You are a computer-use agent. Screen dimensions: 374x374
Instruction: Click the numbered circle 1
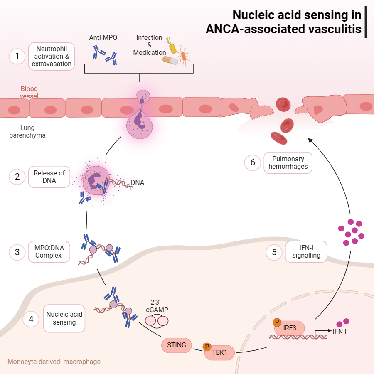click(x=17, y=56)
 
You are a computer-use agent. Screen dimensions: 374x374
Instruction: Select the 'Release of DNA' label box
click(x=49, y=177)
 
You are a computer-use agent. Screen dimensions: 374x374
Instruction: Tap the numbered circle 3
click(x=17, y=252)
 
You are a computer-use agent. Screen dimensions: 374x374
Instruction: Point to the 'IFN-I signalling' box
click(x=306, y=252)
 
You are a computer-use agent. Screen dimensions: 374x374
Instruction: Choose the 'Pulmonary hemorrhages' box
click(x=288, y=162)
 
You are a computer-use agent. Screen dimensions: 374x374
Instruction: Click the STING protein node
click(x=176, y=344)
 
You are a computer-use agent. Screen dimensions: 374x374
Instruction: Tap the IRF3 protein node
click(x=290, y=328)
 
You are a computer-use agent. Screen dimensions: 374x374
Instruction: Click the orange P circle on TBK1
click(x=207, y=347)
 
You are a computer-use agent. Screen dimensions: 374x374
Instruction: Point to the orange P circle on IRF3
click(x=276, y=322)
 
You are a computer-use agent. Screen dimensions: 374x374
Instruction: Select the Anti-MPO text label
click(x=103, y=38)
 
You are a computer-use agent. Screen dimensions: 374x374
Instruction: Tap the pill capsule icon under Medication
click(x=170, y=61)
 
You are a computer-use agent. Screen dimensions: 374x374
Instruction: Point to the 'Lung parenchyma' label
click(x=27, y=132)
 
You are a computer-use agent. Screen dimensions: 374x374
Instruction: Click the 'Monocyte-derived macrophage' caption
click(x=54, y=362)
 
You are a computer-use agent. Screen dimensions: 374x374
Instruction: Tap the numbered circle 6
click(x=252, y=162)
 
